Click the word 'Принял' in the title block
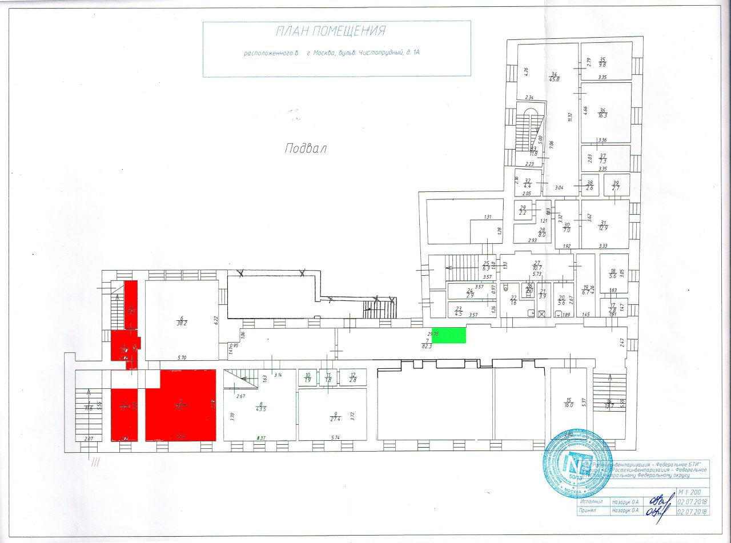(590, 512)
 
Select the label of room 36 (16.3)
(602, 112)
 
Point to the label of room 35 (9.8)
(602, 62)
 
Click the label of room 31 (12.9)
(603, 225)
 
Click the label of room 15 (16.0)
(568, 402)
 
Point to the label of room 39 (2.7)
(616, 185)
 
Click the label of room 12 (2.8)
(352, 377)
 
